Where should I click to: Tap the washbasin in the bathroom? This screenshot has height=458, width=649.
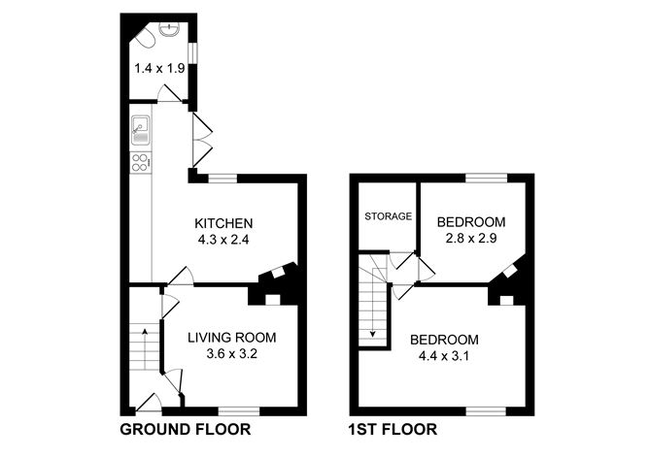pos(172,30)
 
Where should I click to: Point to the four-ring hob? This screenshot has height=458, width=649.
pos(141,163)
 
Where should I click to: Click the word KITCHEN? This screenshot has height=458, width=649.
pos(223,221)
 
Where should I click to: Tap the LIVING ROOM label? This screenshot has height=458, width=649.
pos(232,338)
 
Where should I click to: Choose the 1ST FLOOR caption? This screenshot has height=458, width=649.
pos(392,429)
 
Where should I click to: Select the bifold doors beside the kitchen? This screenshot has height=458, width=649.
pos(201,141)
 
